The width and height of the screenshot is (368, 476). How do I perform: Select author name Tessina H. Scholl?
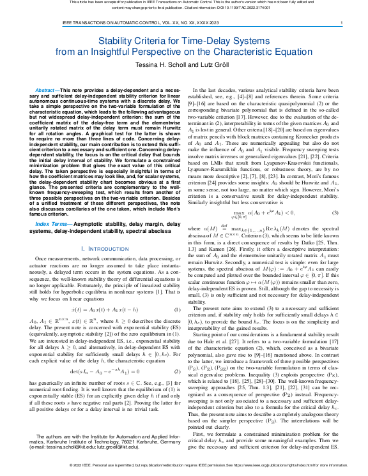coord(148,66)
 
